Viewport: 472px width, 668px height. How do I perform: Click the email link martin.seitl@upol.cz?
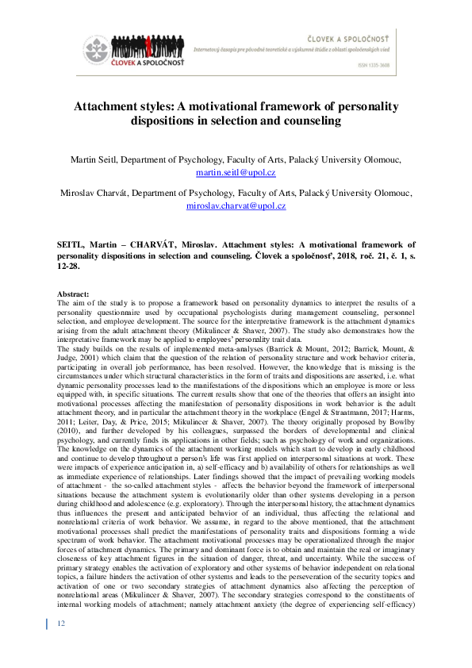(236, 171)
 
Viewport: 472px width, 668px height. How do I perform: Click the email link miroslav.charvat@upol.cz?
(236, 205)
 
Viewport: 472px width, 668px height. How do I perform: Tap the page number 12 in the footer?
(61, 646)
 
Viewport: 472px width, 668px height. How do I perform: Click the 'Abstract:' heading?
(75, 294)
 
